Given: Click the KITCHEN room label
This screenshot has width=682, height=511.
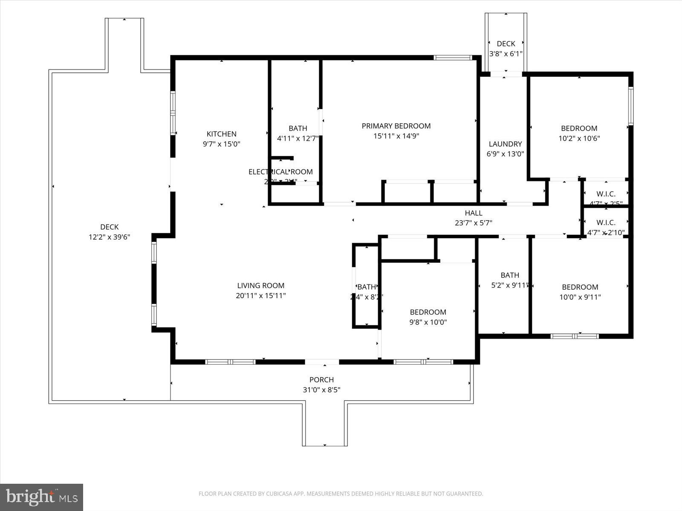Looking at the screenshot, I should click(x=221, y=134).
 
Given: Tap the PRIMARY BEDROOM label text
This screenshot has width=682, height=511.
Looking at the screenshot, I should click(x=396, y=126).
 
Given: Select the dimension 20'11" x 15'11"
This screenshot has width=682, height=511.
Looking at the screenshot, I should click(x=260, y=296).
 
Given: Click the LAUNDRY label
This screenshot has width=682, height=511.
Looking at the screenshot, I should click(x=505, y=144).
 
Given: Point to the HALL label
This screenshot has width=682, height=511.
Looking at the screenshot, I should click(x=474, y=213).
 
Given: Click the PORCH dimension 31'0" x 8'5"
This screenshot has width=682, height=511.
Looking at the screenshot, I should click(x=321, y=390).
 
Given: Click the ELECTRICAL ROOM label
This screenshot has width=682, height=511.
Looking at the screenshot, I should click(x=280, y=172).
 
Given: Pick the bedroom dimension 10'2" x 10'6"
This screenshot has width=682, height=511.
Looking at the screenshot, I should click(x=579, y=138).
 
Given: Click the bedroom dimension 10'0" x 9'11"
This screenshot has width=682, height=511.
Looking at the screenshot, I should click(x=580, y=297).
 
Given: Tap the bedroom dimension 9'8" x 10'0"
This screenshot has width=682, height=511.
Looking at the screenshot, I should click(x=428, y=322).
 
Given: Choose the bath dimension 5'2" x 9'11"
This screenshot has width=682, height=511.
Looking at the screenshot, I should click(x=510, y=285).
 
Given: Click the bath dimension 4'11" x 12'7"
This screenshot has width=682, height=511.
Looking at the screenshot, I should click(x=298, y=138).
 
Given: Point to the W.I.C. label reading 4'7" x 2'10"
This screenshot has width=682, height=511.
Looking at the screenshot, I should click(x=606, y=233).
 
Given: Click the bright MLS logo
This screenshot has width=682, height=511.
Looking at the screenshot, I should click(x=41, y=497).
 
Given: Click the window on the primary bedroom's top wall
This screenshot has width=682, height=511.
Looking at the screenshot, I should click(x=453, y=57).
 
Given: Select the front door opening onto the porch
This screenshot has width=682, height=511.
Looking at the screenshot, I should click(x=322, y=362).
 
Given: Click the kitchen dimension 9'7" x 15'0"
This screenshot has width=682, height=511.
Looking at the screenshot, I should click(x=221, y=144).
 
